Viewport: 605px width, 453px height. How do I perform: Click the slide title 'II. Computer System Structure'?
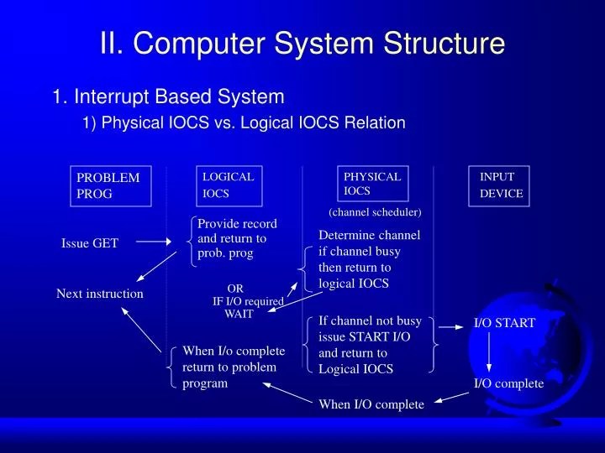(302, 44)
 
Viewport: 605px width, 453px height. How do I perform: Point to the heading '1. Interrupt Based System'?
(168, 97)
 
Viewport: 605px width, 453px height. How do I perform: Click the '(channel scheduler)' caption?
(375, 213)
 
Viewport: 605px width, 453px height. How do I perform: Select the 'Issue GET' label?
(90, 243)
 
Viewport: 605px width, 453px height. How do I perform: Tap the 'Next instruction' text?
(100, 294)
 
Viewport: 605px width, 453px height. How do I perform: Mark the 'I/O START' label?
(504, 323)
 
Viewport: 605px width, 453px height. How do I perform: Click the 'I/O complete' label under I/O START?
(508, 383)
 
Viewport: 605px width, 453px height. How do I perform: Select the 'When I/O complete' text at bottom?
(371, 404)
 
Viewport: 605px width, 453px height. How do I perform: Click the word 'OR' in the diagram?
(235, 289)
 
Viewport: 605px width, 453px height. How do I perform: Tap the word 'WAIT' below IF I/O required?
(238, 314)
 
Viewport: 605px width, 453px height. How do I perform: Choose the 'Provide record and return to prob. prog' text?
(237, 238)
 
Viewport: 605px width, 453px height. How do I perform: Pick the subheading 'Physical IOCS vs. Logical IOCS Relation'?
(244, 123)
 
